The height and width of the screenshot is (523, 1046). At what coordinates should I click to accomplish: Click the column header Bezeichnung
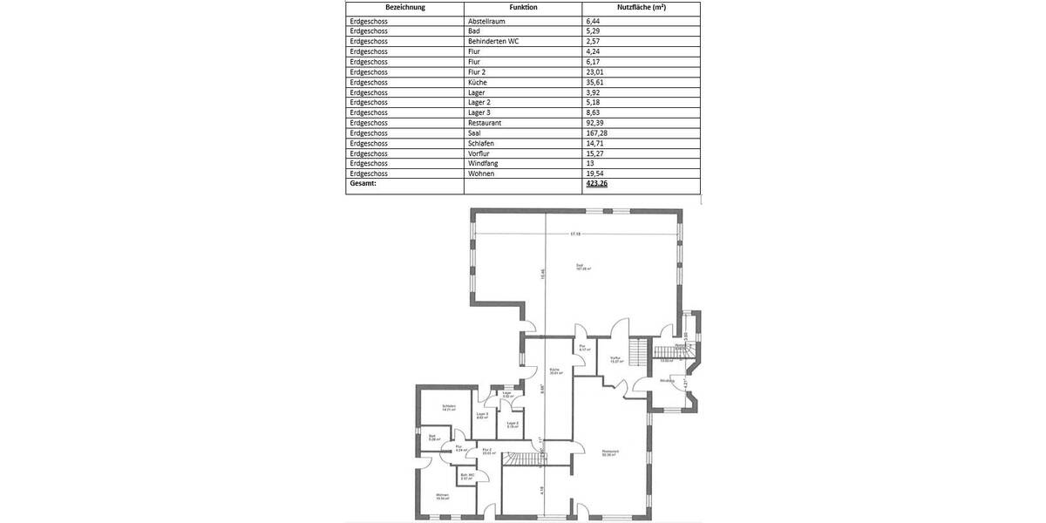coord(404,7)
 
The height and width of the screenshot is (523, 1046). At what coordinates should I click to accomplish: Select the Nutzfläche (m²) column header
coord(641,7)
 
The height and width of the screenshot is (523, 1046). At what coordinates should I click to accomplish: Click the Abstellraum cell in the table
coord(488,20)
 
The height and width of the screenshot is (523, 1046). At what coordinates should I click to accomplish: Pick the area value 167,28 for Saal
coord(599,132)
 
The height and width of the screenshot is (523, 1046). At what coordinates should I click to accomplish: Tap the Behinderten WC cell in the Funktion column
coord(493,41)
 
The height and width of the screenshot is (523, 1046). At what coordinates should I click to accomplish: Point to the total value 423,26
coord(598,184)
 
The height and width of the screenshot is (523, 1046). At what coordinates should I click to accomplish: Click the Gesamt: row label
coord(363,184)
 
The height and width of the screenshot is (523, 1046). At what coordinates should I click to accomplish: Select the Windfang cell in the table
coord(484,163)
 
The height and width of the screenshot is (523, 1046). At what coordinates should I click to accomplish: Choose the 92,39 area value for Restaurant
coord(597,123)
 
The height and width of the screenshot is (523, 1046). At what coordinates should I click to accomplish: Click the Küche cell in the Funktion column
coord(478,82)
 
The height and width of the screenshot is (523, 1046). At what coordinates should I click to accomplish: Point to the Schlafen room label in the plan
coord(449,407)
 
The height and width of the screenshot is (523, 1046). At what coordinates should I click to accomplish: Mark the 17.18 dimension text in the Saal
coord(575,234)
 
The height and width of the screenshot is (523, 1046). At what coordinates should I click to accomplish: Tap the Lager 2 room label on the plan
coord(513,425)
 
